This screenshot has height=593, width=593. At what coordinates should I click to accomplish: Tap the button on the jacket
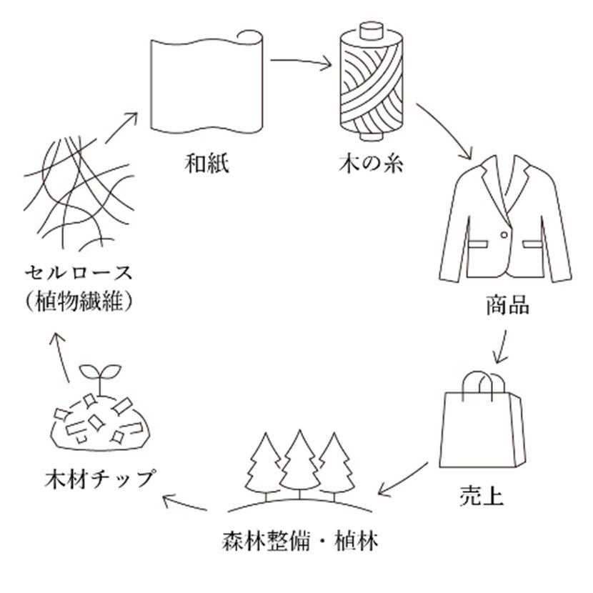(505, 235)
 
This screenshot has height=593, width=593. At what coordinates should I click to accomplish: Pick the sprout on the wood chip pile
(99, 376)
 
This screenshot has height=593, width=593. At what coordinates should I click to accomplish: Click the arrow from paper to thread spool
(302, 63)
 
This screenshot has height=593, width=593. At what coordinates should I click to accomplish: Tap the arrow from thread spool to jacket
(445, 131)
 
